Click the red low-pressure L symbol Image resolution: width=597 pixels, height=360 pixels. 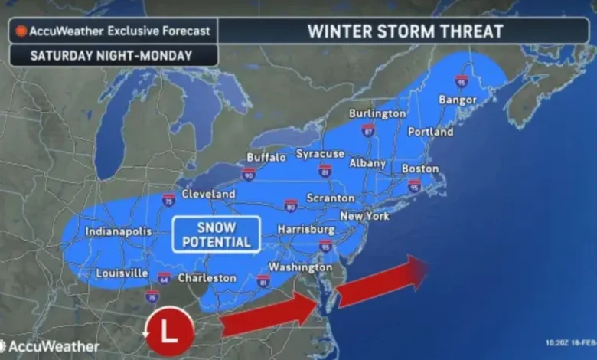pyautogui.click(x=169, y=331)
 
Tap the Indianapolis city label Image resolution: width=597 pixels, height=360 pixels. pyautogui.click(x=118, y=231)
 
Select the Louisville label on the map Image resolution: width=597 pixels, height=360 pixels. pyautogui.click(x=122, y=273)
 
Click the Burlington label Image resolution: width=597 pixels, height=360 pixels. pyautogui.click(x=377, y=113)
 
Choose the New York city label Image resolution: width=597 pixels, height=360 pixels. pyautogui.click(x=366, y=217)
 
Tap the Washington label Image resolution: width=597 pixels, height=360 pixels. pyautogui.click(x=300, y=267)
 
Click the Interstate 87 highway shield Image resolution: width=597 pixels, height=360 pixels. pyautogui.click(x=368, y=130)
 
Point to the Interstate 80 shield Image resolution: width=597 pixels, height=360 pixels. pyautogui.click(x=291, y=205)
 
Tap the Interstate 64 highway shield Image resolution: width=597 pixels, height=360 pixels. pyautogui.click(x=164, y=277)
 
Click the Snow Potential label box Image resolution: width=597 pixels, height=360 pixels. pyautogui.click(x=216, y=234)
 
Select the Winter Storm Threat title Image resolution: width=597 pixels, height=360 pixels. pyautogui.click(x=405, y=31)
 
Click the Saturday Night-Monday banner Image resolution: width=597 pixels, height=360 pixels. pyautogui.click(x=113, y=55)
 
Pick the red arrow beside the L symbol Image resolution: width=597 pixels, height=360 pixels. pyautogui.click(x=268, y=316)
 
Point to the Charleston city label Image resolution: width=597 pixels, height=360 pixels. pyautogui.click(x=207, y=278)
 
